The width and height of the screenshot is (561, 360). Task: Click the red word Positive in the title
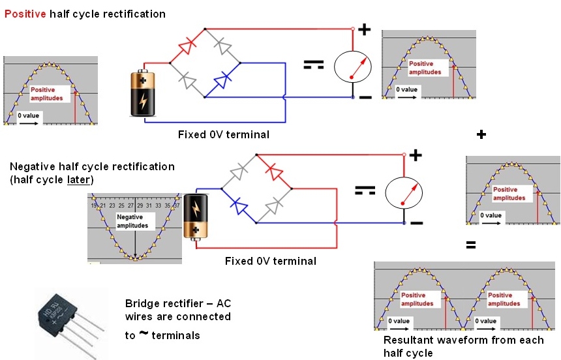(x=23, y=14)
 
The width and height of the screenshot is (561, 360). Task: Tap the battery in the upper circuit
(x=142, y=93)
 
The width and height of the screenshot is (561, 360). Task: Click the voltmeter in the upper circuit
(x=352, y=68)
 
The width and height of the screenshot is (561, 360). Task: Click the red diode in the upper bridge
(x=187, y=46)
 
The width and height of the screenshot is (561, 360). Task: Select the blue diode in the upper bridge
(x=223, y=80)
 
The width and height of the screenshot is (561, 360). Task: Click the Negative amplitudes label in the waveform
(x=132, y=221)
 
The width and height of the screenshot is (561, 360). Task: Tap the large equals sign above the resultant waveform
(x=470, y=246)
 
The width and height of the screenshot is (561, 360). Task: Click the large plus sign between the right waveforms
(x=481, y=134)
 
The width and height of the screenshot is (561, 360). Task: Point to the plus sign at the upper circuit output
(x=364, y=29)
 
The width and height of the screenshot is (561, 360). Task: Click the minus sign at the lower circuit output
(x=417, y=224)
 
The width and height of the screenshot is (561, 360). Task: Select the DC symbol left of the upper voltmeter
(x=314, y=65)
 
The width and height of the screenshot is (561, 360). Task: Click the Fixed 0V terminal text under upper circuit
(x=223, y=135)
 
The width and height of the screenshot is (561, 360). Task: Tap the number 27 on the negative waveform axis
(x=130, y=205)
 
